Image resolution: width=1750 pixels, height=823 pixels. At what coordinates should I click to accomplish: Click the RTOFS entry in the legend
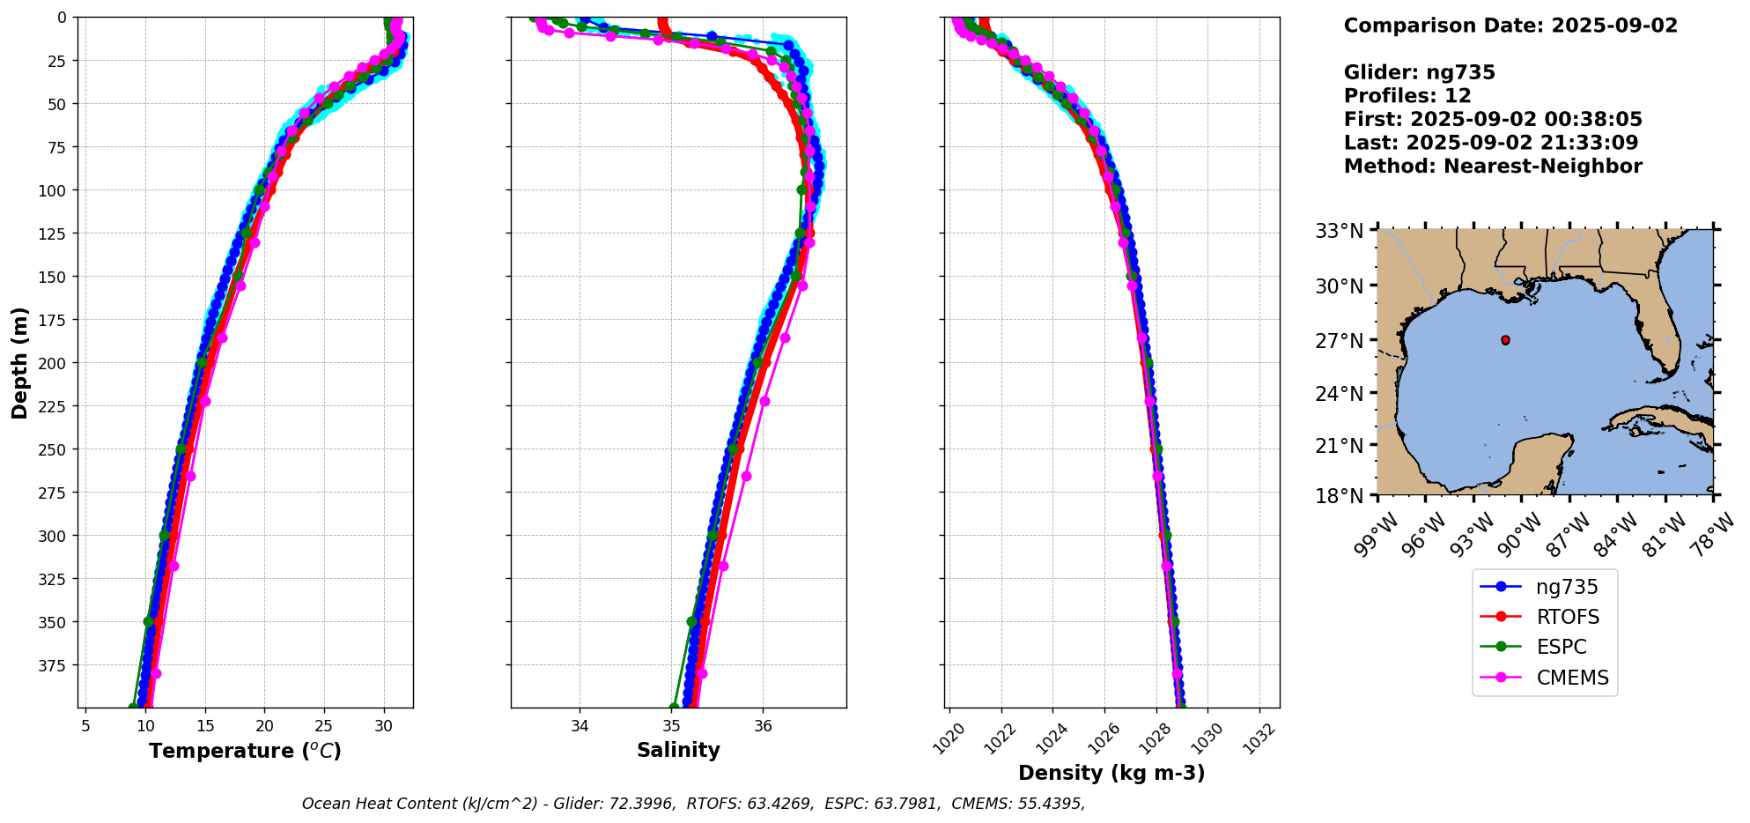(1567, 617)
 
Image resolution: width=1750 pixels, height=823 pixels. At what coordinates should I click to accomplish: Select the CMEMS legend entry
(1572, 678)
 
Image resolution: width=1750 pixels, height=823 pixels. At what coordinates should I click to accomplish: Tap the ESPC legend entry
(1561, 647)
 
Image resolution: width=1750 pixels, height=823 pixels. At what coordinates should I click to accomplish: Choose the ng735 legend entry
(1567, 587)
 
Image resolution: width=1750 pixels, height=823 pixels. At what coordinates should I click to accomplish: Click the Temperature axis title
(245, 751)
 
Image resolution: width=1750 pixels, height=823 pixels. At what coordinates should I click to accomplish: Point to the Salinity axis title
(678, 750)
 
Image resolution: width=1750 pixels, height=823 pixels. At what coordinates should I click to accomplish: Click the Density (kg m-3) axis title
(1111, 773)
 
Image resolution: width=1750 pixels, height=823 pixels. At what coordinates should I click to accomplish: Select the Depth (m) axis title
(19, 362)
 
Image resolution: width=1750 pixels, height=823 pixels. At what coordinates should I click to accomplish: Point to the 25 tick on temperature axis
(324, 726)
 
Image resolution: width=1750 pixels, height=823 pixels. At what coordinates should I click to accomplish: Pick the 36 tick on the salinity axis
(763, 726)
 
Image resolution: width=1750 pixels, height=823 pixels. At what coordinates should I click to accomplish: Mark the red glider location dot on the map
(1505, 340)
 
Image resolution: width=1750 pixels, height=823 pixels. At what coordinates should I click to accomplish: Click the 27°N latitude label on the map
(1339, 340)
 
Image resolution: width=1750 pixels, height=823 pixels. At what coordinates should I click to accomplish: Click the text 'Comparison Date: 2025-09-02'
(1510, 26)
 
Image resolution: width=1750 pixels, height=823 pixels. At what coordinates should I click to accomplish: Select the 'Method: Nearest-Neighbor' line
(1493, 167)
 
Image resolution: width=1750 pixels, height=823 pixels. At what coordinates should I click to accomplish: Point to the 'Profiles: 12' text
(1407, 96)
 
